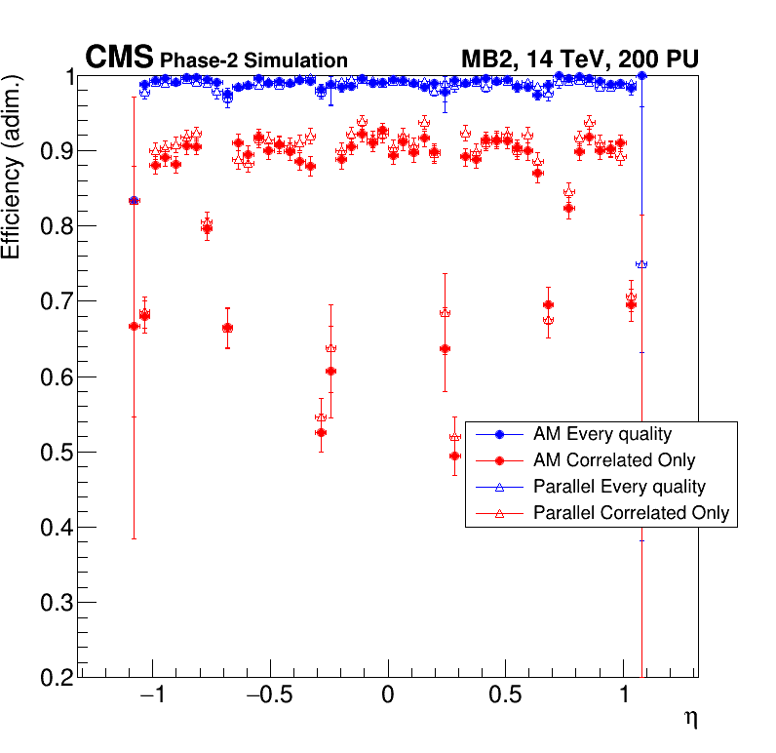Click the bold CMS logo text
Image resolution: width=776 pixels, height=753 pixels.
(x=120, y=58)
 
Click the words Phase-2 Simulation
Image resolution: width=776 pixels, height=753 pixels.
(x=253, y=60)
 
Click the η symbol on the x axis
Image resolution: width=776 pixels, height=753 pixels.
(x=690, y=720)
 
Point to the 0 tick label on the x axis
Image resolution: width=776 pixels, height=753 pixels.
(x=388, y=699)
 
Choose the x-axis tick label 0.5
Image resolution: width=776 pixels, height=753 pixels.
(x=504, y=699)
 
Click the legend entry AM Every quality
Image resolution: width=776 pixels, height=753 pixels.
(x=602, y=434)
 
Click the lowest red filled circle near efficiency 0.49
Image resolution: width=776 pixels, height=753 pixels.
(x=454, y=456)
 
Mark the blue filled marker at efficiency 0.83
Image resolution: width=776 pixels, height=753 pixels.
(x=135, y=200)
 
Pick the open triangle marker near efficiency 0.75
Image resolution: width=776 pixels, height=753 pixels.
(x=641, y=264)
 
